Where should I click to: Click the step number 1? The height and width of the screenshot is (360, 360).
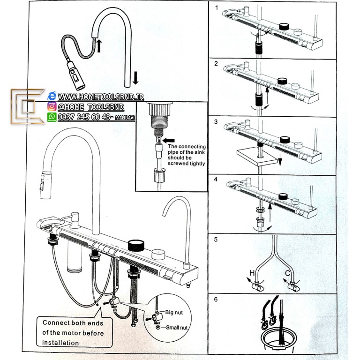tap(216, 8)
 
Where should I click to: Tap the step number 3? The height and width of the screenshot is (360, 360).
tap(216, 122)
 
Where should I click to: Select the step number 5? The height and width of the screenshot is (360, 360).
tap(216, 239)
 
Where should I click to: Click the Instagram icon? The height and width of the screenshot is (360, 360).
tap(52, 106)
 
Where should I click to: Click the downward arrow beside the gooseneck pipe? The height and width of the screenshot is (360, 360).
tap(135, 77)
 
